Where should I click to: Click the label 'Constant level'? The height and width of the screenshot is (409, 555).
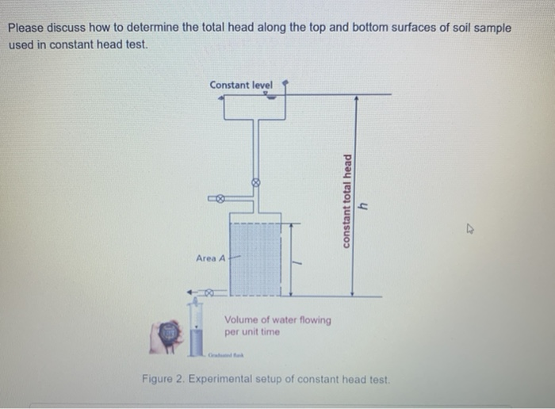click(x=240, y=85)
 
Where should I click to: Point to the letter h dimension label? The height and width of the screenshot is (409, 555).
click(x=364, y=205)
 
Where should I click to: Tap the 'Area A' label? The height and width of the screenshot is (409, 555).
click(x=211, y=258)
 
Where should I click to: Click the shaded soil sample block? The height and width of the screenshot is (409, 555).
click(x=255, y=258)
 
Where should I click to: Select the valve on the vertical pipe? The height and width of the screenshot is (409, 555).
click(x=255, y=182)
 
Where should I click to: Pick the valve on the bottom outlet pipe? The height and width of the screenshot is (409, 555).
click(x=209, y=292)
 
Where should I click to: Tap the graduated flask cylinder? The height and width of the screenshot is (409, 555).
click(x=196, y=333)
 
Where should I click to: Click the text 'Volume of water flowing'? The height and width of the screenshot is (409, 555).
click(x=277, y=320)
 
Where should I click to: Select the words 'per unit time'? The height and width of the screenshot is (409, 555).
click(x=252, y=332)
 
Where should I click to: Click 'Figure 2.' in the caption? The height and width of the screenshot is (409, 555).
click(x=161, y=379)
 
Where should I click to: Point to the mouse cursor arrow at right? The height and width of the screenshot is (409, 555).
click(x=469, y=231)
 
